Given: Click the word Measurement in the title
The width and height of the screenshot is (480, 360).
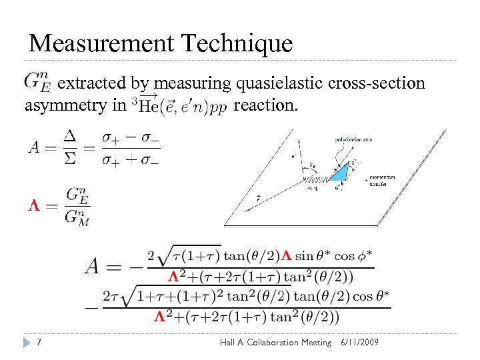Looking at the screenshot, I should [x=101, y=44].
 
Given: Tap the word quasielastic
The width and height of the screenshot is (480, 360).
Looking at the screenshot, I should [x=279, y=83].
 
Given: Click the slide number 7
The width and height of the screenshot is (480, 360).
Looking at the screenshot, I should [x=41, y=342].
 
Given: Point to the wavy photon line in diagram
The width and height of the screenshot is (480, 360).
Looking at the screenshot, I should [x=315, y=179].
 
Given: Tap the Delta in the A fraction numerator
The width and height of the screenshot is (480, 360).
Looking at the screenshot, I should [x=70, y=136].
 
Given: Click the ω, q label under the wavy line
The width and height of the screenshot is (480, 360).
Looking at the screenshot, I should [x=313, y=188].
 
